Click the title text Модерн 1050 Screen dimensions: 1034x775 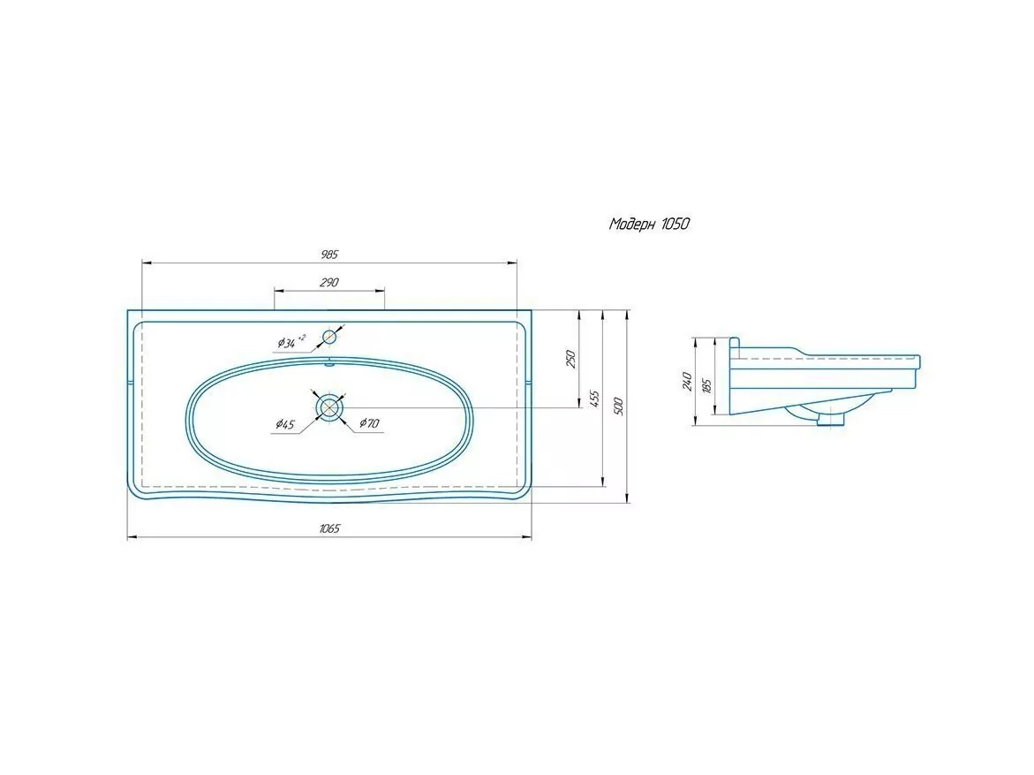click(650, 224)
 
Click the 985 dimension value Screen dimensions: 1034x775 click(329, 255)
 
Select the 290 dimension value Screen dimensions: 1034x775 click(329, 283)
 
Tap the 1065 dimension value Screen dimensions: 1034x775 click(329, 528)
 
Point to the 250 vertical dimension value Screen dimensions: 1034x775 click(571, 359)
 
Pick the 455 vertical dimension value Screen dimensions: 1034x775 click(594, 399)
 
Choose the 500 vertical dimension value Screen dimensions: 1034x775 click(619, 406)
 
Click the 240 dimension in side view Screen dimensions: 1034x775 click(687, 381)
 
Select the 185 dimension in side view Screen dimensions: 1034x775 click(707, 385)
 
